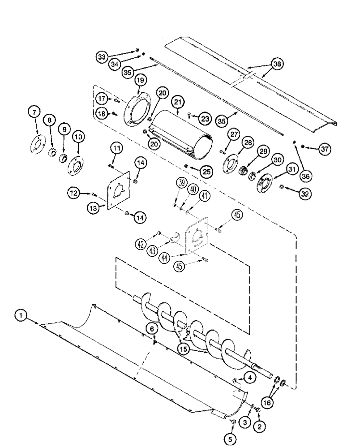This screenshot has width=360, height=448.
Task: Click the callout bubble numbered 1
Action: [20, 316]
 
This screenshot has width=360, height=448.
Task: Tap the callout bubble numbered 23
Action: [206, 118]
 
